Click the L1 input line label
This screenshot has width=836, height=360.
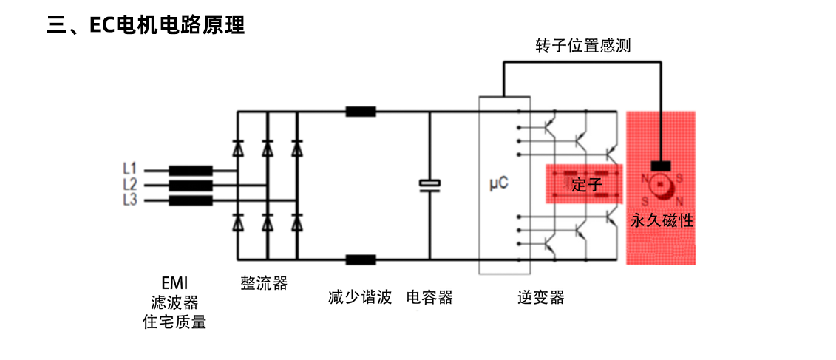point(129,169)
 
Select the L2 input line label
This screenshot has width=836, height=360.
point(129,184)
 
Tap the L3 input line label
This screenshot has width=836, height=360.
point(129,200)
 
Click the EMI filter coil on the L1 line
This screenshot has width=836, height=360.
point(191,170)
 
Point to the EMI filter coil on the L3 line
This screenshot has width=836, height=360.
point(191,200)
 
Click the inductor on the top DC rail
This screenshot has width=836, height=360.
point(361,112)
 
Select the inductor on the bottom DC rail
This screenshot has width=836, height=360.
point(361,259)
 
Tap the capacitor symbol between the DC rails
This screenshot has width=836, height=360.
point(429,185)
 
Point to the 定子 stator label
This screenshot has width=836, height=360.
point(586,184)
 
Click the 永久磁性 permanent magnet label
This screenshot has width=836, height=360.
point(662,220)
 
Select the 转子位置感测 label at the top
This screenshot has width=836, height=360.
point(583,47)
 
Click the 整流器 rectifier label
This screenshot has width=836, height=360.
point(264,283)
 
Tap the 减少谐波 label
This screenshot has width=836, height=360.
point(360,298)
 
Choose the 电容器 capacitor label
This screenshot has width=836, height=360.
point(429,298)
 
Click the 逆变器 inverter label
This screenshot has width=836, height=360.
point(541,298)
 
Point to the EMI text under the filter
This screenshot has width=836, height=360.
point(174,283)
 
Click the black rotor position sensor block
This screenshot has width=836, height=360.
point(660,166)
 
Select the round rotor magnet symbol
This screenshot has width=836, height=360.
point(662,190)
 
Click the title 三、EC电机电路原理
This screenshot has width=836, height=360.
point(145,25)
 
